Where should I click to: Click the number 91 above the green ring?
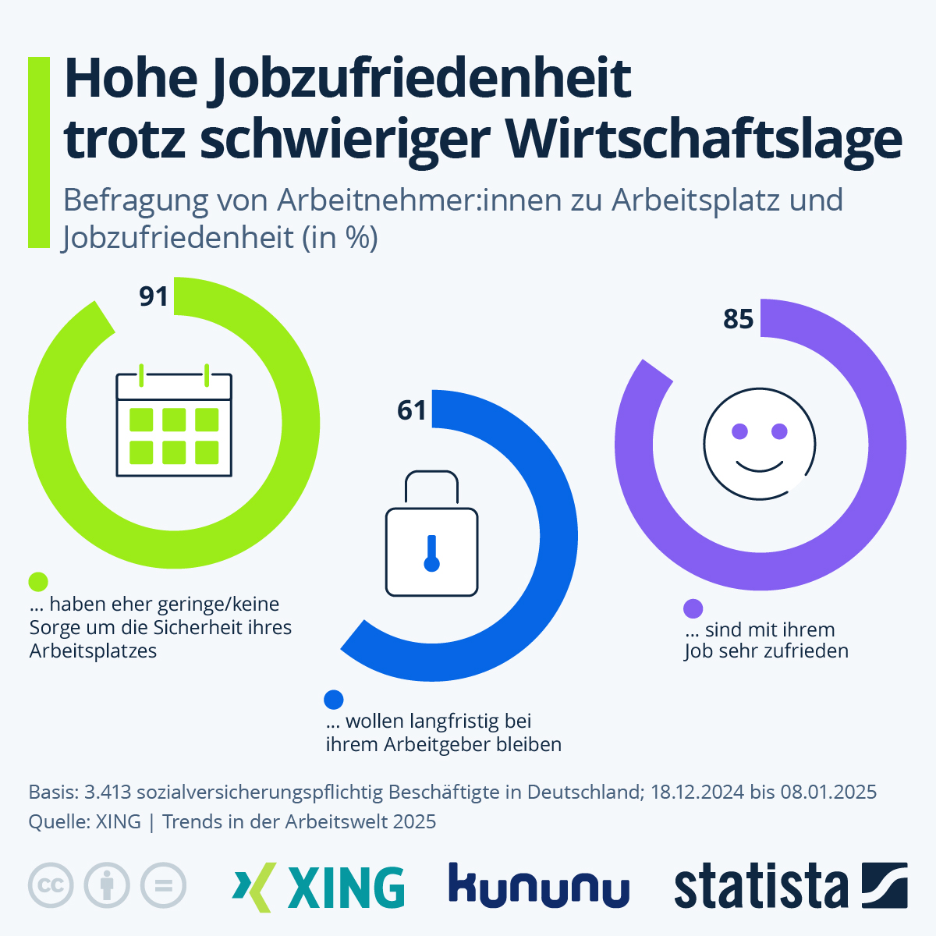click(154, 296)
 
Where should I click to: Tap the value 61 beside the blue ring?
click(412, 410)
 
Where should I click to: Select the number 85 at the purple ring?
click(738, 319)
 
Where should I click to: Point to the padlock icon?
click(431, 534)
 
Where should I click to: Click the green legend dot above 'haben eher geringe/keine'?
click(38, 582)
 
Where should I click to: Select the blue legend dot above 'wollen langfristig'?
click(334, 699)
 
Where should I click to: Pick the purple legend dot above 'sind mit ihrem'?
click(693, 608)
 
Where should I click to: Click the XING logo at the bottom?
click(319, 887)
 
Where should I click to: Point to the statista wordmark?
click(760, 886)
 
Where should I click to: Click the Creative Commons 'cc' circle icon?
click(51, 885)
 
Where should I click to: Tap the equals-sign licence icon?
click(163, 885)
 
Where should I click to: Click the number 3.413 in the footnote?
click(108, 792)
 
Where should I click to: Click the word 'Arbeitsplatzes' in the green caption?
click(93, 651)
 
